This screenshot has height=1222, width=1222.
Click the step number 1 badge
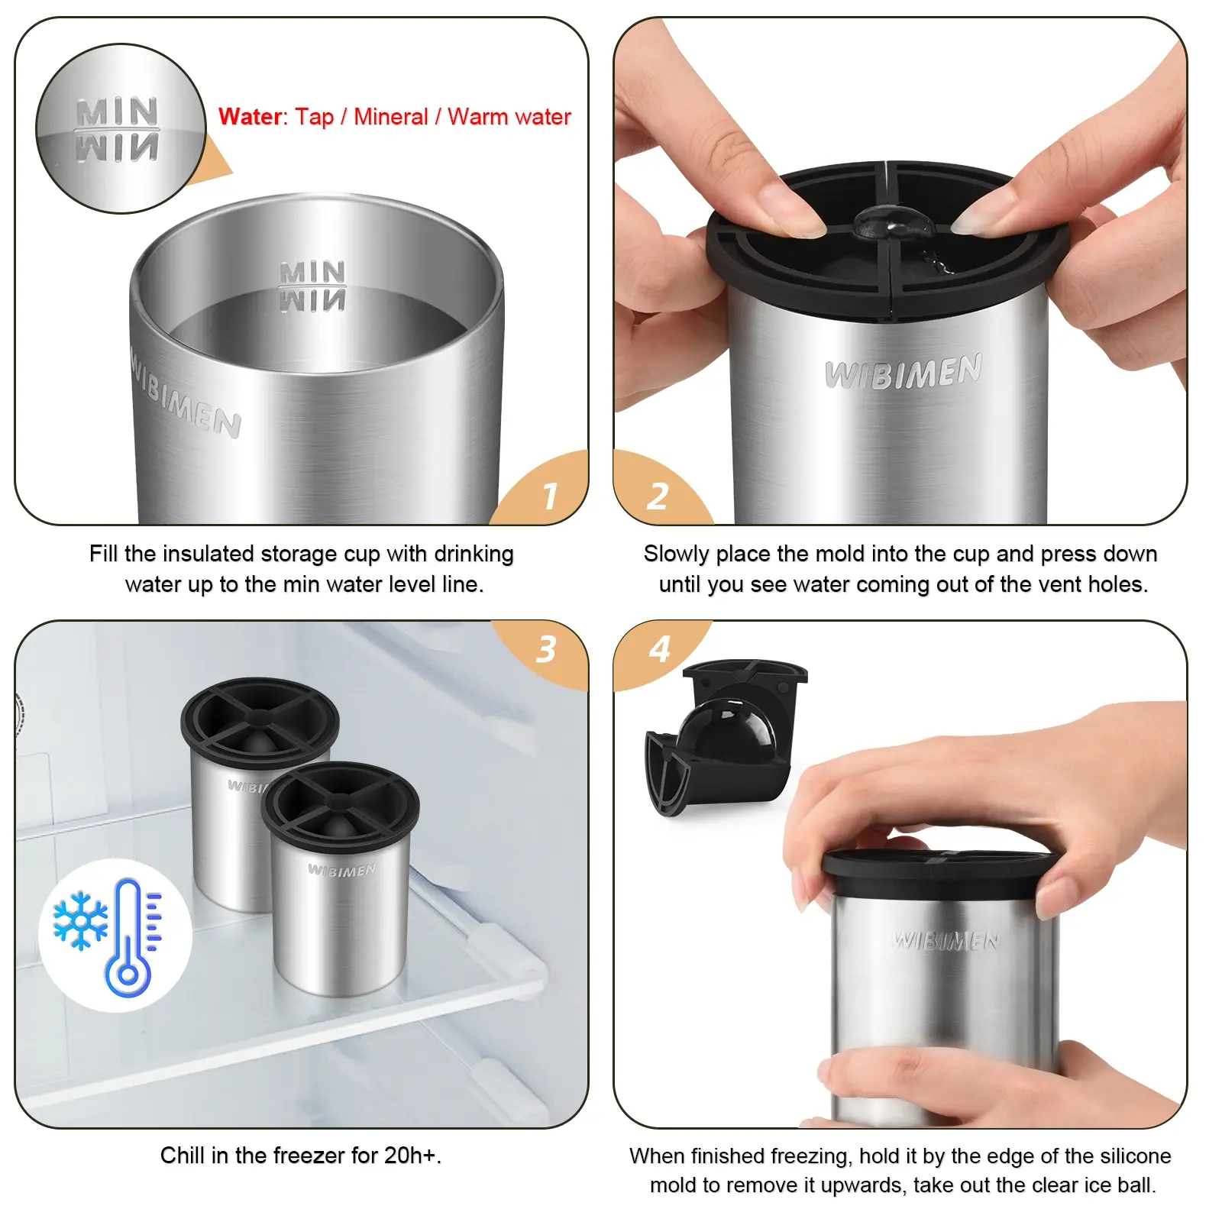[550, 496]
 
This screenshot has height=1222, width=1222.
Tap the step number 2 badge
[657, 496]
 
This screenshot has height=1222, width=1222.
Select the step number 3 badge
[545, 650]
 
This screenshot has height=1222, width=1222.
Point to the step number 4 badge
[659, 649]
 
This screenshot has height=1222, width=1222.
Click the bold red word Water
[251, 117]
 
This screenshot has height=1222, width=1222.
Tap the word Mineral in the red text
[390, 117]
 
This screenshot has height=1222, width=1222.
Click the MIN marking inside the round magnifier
[117, 112]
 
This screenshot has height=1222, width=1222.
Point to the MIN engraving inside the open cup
[312, 273]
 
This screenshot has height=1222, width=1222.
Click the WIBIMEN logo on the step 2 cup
[904, 372]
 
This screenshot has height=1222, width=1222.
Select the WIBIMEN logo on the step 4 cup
[946, 940]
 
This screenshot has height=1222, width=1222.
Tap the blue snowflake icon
[80, 920]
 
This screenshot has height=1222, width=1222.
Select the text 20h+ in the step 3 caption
[410, 1155]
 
